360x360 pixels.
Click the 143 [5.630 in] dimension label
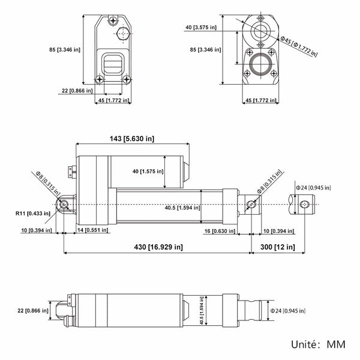pos(132,139)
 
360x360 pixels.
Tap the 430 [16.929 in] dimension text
pos(158,247)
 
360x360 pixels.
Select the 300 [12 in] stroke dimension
pos(278,247)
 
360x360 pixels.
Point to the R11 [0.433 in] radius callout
pos(33,213)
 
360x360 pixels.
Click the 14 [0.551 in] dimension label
pos(92,230)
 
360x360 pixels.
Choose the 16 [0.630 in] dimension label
pos(220,231)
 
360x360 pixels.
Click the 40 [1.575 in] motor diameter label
pos(148,171)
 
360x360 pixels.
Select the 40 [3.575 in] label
pos(201,28)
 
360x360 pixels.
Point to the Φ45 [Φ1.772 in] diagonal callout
pos(299,46)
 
